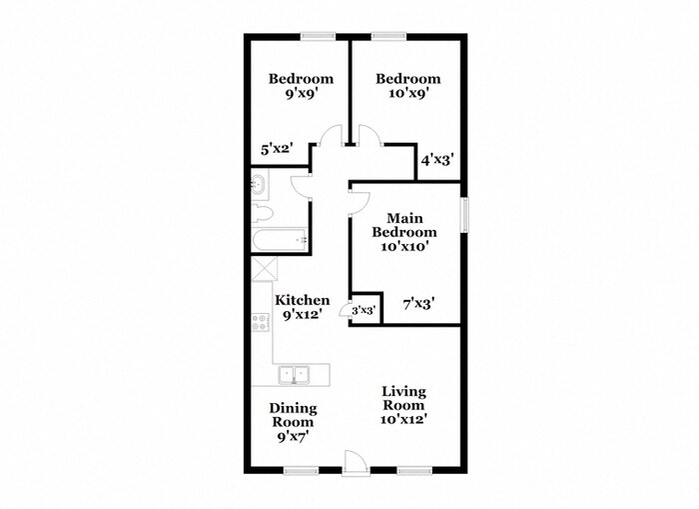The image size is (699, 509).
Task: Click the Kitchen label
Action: pos(302,306)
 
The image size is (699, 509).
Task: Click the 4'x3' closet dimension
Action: pos(437,159)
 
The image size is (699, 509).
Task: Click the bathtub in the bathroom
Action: pos(280,240)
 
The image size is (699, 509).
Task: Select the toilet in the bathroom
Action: pos(262,213)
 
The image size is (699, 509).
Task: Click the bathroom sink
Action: pos(259,183)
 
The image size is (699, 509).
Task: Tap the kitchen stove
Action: pos(261,322)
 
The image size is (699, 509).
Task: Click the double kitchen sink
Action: pos(296,374)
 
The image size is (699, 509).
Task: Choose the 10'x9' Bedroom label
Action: pos(407,87)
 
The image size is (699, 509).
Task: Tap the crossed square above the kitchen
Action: pos(264,270)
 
